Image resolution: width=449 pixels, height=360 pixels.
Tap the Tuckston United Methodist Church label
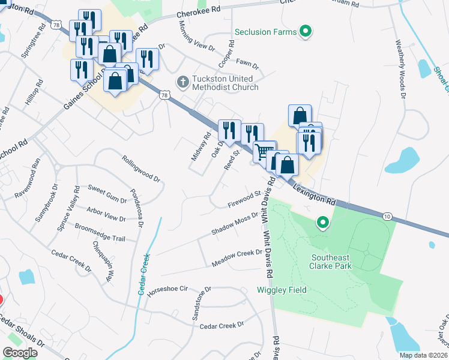point(224,83)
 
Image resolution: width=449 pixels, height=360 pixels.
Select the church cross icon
point(182,80)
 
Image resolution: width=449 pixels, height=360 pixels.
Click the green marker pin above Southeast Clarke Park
point(323,223)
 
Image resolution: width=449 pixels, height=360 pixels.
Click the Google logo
point(20,353)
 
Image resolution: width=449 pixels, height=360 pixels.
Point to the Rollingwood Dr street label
point(142,170)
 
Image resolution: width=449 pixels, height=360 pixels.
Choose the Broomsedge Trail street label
point(100,233)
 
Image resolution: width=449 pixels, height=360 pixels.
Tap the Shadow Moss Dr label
point(234,223)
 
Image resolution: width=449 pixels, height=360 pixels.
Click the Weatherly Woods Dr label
point(400,70)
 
